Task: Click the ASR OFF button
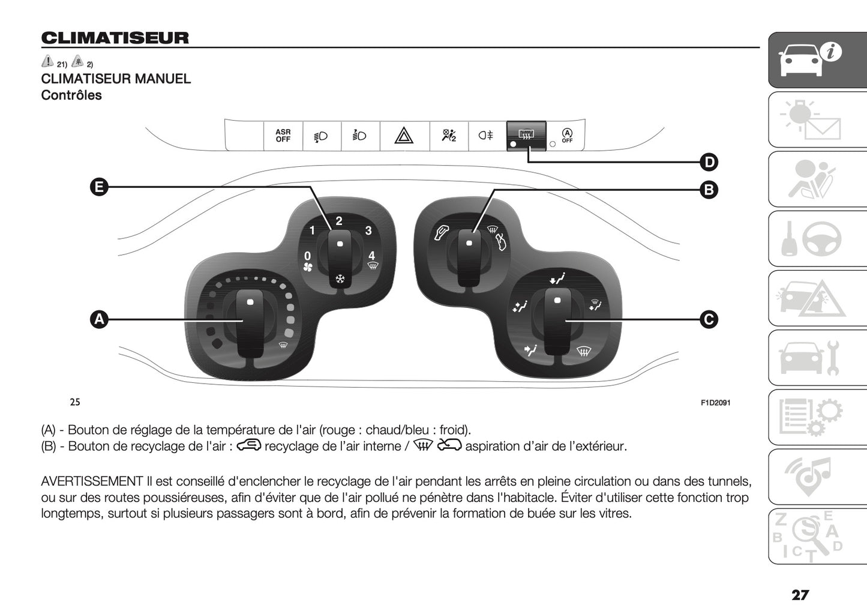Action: (283, 136)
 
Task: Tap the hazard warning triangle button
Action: (404, 136)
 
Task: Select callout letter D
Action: (709, 162)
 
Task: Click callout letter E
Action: (99, 187)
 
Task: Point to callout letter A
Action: (99, 319)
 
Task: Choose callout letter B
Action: (709, 190)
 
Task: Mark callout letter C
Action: (709, 319)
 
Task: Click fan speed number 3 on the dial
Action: (368, 230)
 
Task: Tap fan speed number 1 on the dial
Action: (312, 230)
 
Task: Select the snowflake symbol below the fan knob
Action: (340, 279)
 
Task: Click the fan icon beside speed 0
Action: (308, 268)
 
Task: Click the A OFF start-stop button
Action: (567, 136)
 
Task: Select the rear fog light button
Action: (486, 136)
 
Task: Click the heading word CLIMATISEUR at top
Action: (115, 38)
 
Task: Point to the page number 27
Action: (800, 595)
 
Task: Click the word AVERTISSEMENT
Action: (92, 481)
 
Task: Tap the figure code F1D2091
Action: (715, 403)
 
